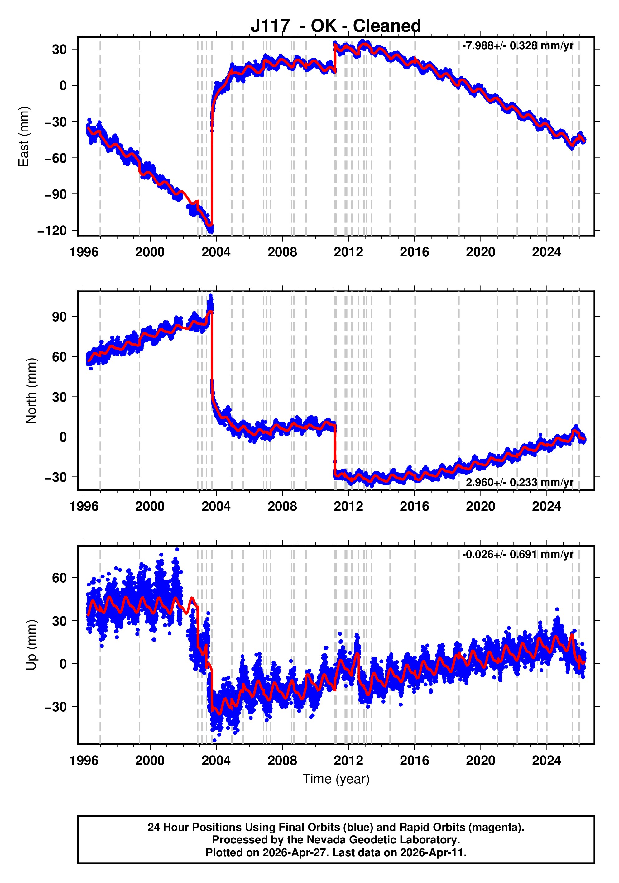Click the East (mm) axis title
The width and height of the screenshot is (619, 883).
tap(24, 136)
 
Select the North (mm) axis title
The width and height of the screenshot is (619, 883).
tap(31, 391)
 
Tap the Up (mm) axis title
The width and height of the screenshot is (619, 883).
tap(31, 645)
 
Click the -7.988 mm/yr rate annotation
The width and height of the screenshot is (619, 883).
tap(517, 46)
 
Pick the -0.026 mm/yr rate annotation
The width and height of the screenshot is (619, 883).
tap(517, 554)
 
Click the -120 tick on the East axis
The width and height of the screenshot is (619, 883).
tap(52, 231)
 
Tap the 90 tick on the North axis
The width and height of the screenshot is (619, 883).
tap(60, 317)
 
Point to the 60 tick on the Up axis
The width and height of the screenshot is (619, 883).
tap(60, 578)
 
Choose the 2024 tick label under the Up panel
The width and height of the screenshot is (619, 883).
tap(546, 760)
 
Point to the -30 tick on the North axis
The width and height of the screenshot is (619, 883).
tap(56, 477)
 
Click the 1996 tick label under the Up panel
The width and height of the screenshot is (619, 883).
tap(84, 760)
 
